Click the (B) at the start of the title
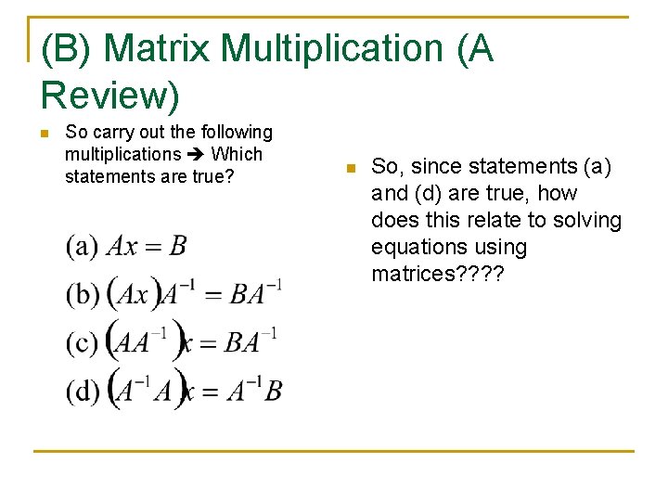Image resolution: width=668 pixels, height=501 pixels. pos(66,49)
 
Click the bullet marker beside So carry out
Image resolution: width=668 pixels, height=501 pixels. pos(44,134)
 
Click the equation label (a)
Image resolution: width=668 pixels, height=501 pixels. pos(82,247)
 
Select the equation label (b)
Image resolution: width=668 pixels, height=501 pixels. pos(83,295)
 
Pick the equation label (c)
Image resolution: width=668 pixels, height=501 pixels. pos(82,342)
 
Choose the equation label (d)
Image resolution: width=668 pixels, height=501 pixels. pos(83,391)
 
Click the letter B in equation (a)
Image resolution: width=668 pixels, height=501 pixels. pos(177,246)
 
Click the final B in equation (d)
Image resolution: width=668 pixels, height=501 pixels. pos(273,391)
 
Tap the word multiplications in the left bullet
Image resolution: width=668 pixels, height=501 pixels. pos(122,154)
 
